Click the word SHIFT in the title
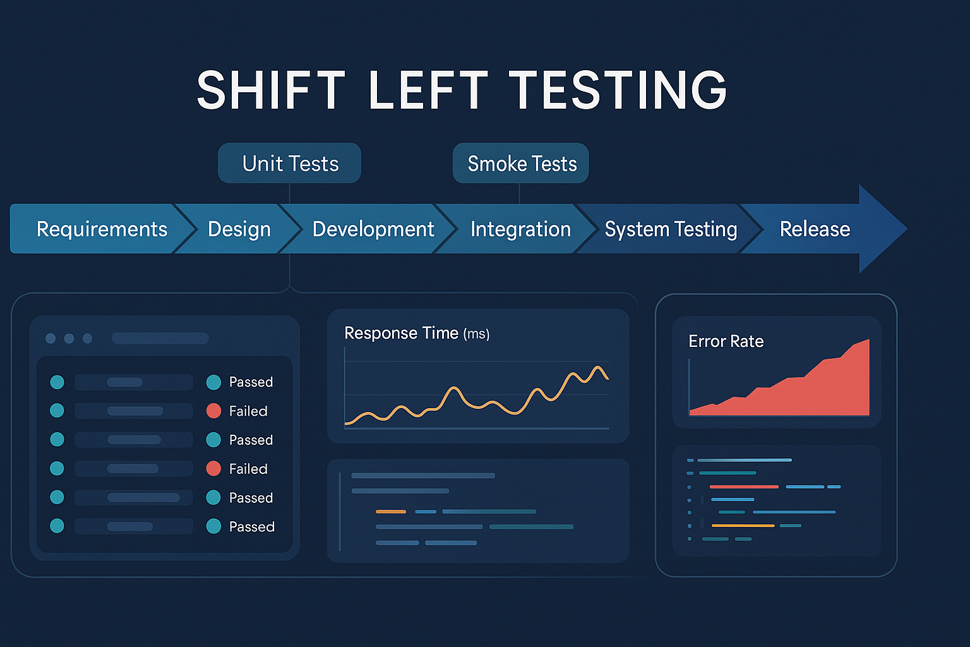click(x=271, y=90)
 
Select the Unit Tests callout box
click(x=289, y=164)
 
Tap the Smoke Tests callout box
click(x=520, y=164)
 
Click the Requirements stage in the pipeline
click(x=102, y=229)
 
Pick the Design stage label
click(x=239, y=229)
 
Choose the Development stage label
click(x=373, y=229)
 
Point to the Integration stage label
click(x=520, y=229)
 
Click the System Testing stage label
click(x=671, y=229)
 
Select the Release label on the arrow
click(x=815, y=229)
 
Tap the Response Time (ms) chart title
click(x=417, y=333)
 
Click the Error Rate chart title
click(x=726, y=341)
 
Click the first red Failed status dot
click(x=213, y=411)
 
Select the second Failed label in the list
click(x=248, y=469)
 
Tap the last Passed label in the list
click(x=251, y=526)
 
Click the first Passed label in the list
click(x=251, y=382)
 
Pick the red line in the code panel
click(x=744, y=487)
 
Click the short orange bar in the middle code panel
click(x=391, y=512)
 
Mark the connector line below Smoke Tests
click(x=519, y=193)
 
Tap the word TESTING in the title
click(x=619, y=90)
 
